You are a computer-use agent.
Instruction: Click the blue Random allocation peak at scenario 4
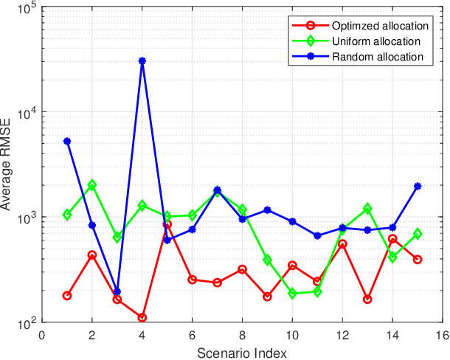(x=142, y=61)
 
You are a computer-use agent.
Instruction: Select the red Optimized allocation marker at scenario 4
(x=142, y=318)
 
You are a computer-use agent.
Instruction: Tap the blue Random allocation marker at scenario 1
(x=67, y=141)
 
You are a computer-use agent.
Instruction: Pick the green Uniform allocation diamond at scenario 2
(x=92, y=185)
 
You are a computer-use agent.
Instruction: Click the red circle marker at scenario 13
(x=367, y=299)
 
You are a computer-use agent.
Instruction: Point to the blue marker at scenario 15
(x=418, y=187)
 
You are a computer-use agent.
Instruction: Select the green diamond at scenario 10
(x=292, y=293)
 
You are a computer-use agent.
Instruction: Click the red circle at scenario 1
(x=67, y=296)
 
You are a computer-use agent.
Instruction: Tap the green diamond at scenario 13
(x=367, y=209)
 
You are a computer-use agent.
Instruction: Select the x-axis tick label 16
(x=443, y=335)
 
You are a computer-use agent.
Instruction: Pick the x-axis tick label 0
(x=42, y=335)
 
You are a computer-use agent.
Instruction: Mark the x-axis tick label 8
(x=242, y=335)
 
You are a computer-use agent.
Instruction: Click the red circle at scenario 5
(x=167, y=224)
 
